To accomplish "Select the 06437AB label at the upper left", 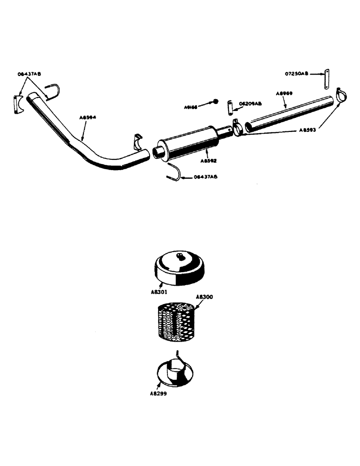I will [x=29, y=74].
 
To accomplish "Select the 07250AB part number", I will [x=298, y=74].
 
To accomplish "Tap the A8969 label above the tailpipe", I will [x=284, y=94].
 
